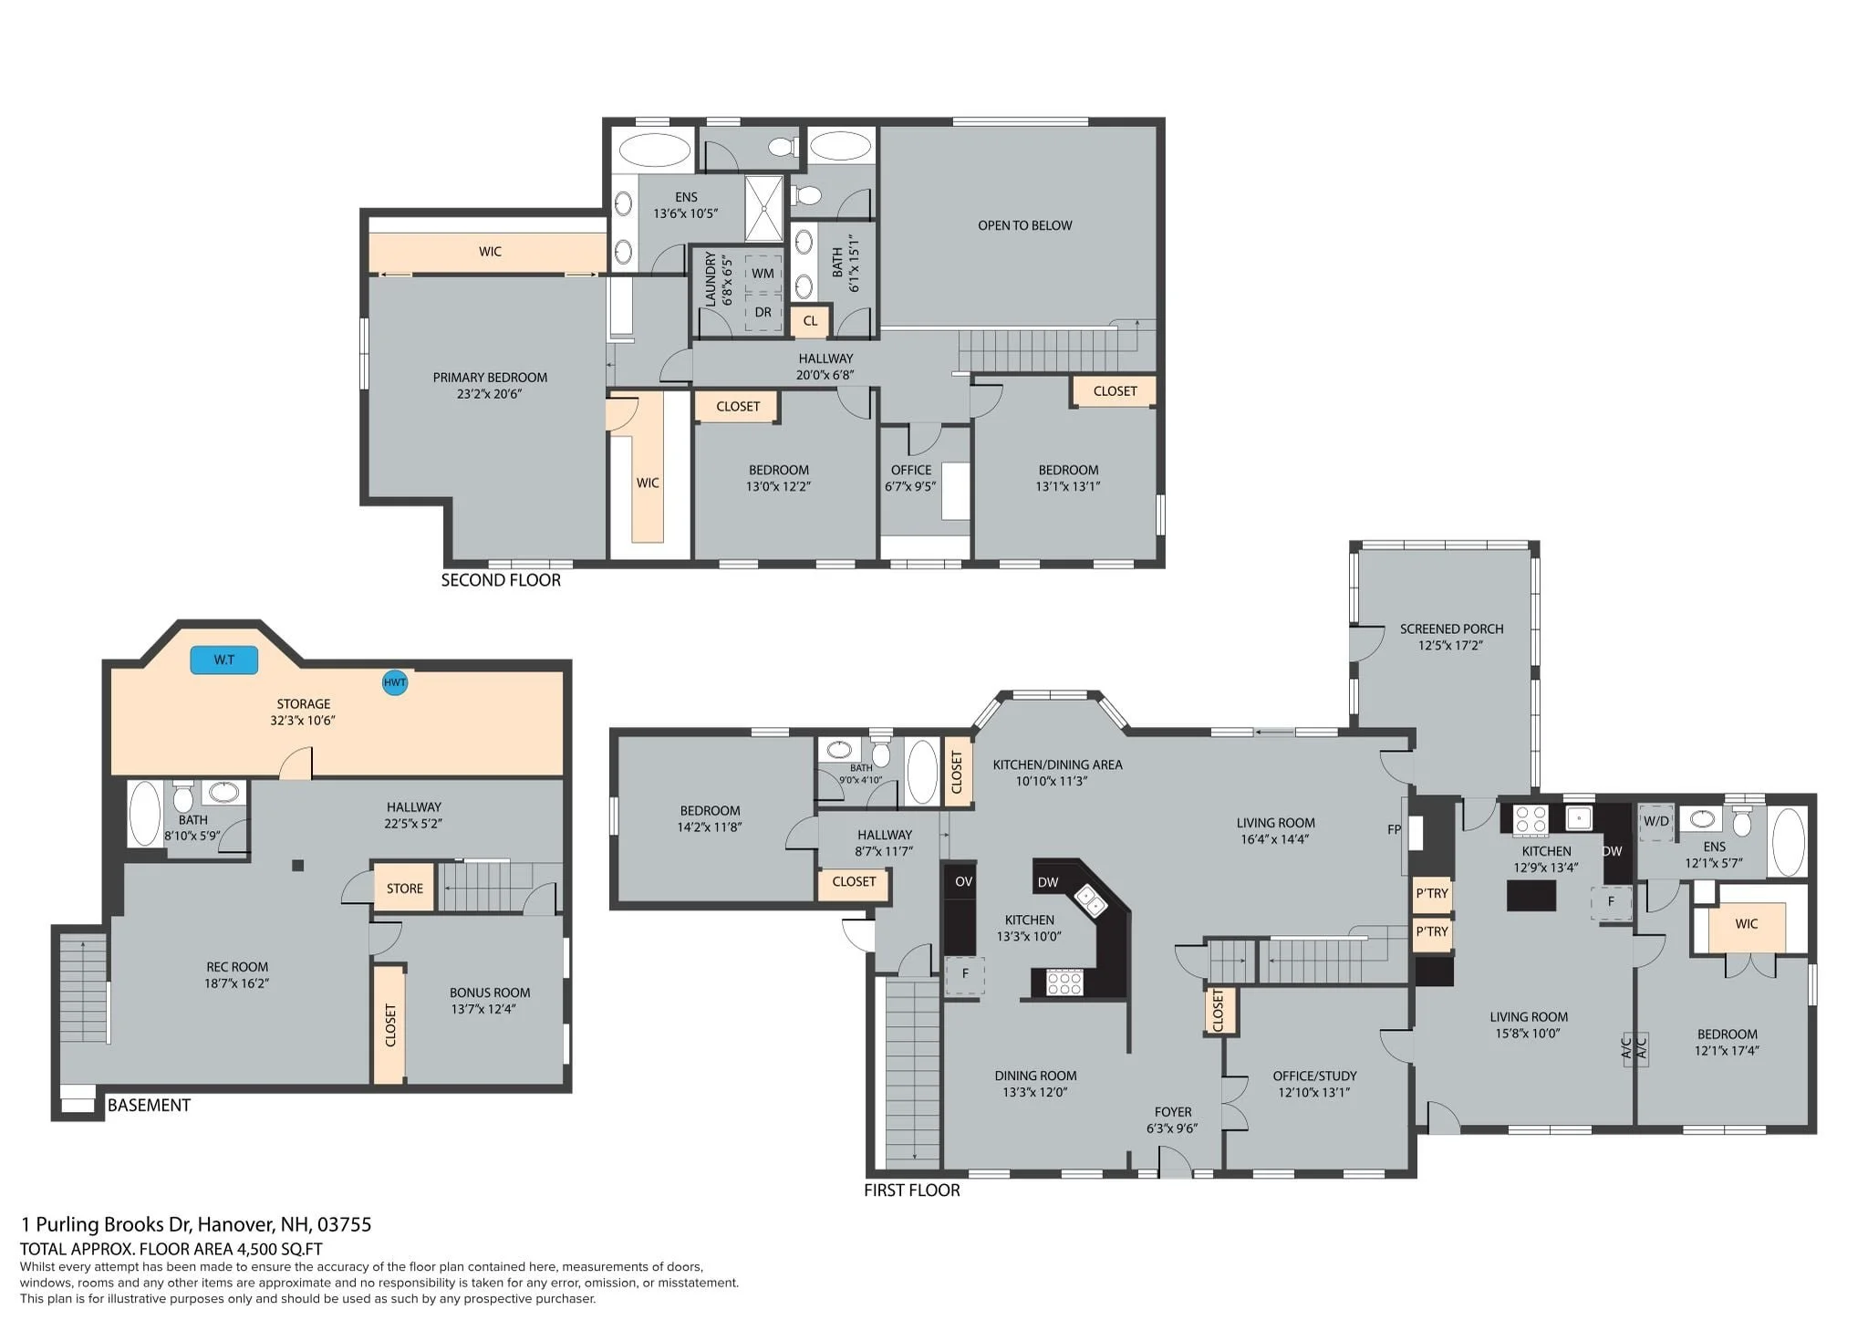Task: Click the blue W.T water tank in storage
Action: [223, 660]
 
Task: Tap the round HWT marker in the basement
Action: [394, 682]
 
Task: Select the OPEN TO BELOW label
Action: [1024, 225]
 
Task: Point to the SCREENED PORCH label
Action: [1451, 629]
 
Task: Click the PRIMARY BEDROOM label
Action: [490, 377]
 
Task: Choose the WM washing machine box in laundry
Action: [763, 273]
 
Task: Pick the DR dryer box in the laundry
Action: [763, 312]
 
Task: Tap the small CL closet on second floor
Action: [810, 321]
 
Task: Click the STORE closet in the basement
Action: [404, 889]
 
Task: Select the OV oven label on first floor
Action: [963, 881]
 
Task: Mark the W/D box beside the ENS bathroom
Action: [1656, 821]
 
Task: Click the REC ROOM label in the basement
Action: [237, 967]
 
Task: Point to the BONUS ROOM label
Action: [490, 993]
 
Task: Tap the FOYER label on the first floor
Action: [1173, 1112]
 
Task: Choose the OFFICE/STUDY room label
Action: [1314, 1076]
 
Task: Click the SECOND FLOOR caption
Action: [501, 580]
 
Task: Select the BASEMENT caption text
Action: [149, 1105]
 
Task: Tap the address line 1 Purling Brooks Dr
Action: [196, 1224]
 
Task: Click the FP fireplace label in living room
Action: [1394, 829]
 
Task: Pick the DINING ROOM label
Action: [1035, 1076]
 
